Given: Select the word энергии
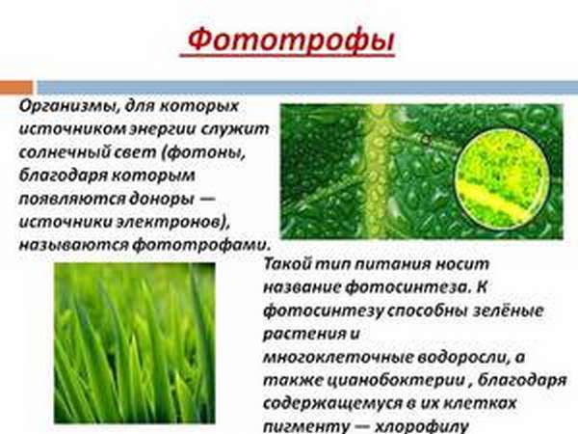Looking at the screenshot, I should click(191, 127).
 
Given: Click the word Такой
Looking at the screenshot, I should click(290, 262).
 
